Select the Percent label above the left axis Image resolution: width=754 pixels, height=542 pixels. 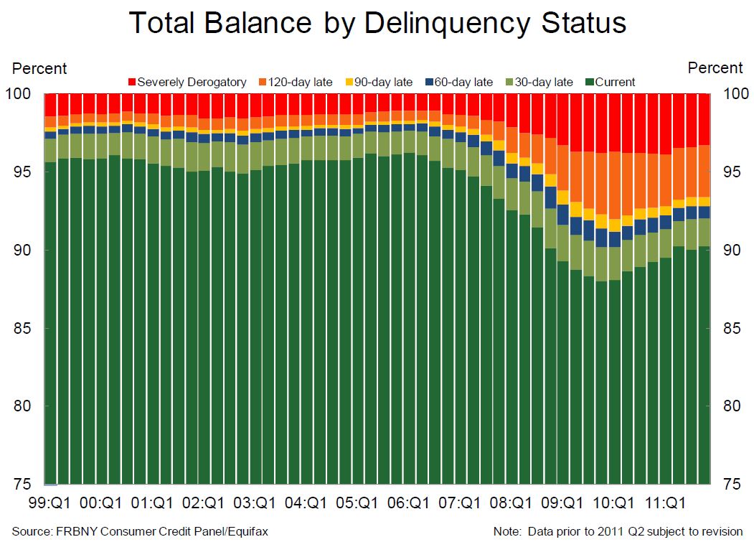pyautogui.click(x=40, y=69)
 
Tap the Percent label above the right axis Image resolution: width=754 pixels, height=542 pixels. pyautogui.click(x=715, y=68)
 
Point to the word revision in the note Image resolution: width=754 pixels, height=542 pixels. pyautogui.click(x=720, y=531)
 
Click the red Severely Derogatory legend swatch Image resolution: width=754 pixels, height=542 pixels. pyautogui.click(x=131, y=82)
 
